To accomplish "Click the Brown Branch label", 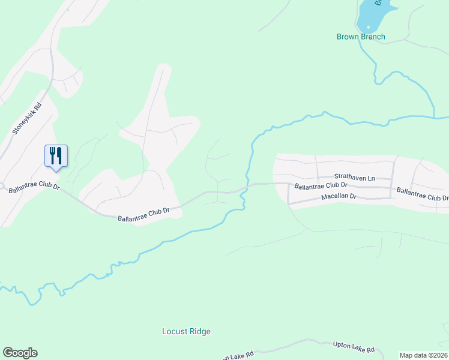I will point(360,37).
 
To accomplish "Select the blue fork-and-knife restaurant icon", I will point(56,156).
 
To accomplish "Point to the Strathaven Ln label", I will point(354,178).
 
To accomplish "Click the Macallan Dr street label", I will point(339,196).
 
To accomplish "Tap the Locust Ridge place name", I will point(187,331).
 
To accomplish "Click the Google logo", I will point(20,353).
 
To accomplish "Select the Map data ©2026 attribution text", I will point(423,355).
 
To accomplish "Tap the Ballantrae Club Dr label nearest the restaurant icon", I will point(34,188).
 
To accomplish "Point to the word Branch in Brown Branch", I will point(372,37).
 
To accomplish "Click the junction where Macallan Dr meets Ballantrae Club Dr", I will point(289,203).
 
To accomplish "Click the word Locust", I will point(174,331).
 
